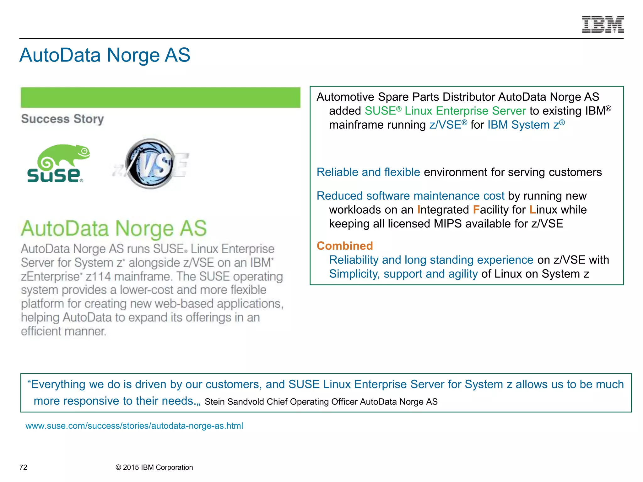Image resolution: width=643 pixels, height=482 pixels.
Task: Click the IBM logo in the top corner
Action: [602, 24]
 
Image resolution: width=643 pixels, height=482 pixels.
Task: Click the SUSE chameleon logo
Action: [58, 163]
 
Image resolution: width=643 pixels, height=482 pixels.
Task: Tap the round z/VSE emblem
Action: [150, 163]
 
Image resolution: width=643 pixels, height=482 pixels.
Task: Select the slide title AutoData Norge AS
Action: [105, 55]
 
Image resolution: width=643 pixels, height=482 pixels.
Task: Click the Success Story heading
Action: [62, 119]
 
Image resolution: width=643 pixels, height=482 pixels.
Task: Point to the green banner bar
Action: [160, 98]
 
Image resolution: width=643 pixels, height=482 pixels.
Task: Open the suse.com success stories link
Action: [134, 426]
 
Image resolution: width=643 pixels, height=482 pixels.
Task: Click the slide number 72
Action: [23, 467]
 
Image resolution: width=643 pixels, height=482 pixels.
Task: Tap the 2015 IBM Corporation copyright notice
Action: [154, 467]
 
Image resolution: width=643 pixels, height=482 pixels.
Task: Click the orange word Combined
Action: [345, 246]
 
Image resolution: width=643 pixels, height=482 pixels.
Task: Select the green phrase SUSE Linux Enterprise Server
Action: [445, 111]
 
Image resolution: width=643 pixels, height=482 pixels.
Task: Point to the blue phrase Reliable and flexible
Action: [368, 172]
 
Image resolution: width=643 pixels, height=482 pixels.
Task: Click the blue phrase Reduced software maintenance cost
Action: [410, 196]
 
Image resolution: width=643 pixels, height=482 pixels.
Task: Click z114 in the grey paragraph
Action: [98, 276]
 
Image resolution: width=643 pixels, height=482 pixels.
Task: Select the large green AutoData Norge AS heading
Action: [114, 228]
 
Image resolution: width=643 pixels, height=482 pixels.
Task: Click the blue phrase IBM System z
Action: [524, 125]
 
